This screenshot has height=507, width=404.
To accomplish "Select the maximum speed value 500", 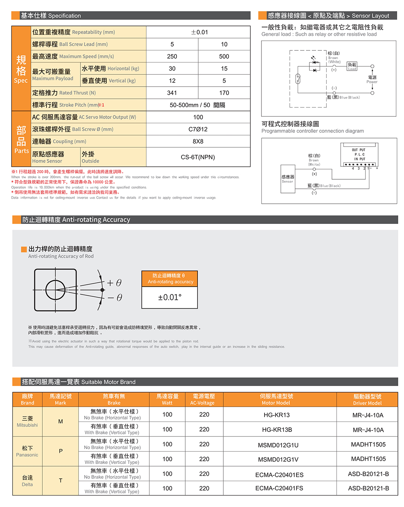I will pos(224,56).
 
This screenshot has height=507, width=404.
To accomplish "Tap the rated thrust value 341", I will pos(172,93).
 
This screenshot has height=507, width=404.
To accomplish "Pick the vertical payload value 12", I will pos(172,80).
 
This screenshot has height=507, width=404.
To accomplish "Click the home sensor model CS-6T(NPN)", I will pos(198,157).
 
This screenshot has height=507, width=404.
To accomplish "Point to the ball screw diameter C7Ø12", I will pos(198,129).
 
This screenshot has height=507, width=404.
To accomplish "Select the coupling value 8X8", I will pos(198,141).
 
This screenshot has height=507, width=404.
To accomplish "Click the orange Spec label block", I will pos(21,69).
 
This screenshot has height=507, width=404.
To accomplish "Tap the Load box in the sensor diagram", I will pos(352,66).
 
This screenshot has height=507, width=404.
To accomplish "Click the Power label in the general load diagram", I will pos(372,79).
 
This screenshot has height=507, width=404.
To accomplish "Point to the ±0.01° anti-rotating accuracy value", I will pos(170,297).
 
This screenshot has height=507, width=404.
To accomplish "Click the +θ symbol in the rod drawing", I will pos(114,283).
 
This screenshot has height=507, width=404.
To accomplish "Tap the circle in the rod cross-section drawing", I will pos(56,290).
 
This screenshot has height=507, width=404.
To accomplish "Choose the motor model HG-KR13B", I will pos(277,430).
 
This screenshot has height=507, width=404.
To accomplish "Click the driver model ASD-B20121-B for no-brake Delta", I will pos(368,474).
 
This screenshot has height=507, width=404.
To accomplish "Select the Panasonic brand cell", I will pos(27,451).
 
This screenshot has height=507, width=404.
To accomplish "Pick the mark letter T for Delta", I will pos(61,481).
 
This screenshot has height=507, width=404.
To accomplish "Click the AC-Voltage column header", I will pos(204,399).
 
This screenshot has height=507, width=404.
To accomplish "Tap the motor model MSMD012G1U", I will pos(278,445).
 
